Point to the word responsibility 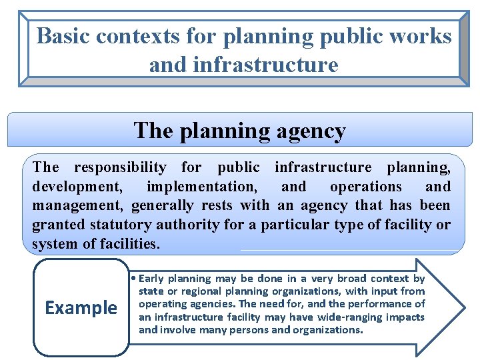pyautogui.click(x=121, y=167)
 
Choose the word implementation pyautogui.click(x=201, y=187)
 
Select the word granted pyautogui.click(x=55, y=225)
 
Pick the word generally pyautogui.click(x=160, y=206)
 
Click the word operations pyautogui.click(x=366, y=187)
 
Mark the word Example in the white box pyautogui.click(x=81, y=308)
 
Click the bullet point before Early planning pyautogui.click(x=135, y=279)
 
